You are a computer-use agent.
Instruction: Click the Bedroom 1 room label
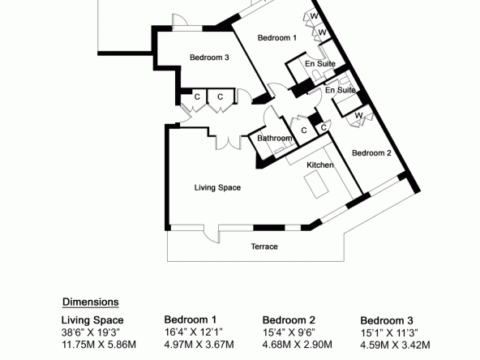coord(277,38)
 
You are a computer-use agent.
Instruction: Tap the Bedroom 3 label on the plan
coord(209,58)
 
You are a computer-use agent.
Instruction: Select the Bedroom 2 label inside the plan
coord(371,153)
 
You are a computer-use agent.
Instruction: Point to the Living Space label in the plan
coord(217,187)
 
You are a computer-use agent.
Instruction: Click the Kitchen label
coord(320,165)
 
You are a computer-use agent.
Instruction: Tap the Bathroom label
coord(275,139)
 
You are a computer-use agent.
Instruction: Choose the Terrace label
coord(264,246)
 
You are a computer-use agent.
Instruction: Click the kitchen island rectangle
coord(316,184)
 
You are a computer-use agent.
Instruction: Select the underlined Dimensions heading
coord(91,302)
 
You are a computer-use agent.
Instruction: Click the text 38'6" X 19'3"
coord(91,332)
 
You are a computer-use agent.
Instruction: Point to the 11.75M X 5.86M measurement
coord(99,345)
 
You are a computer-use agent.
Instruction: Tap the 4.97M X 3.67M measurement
coord(199,345)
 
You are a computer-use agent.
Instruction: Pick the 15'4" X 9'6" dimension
coord(289,332)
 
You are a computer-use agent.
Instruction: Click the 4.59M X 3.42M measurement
coord(395,345)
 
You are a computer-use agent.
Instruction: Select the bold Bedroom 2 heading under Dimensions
coord(289,320)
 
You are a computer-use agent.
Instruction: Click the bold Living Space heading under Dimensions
coord(92,320)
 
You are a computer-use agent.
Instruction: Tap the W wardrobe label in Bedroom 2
coord(358,116)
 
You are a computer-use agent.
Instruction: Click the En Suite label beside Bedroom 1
coord(320,64)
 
